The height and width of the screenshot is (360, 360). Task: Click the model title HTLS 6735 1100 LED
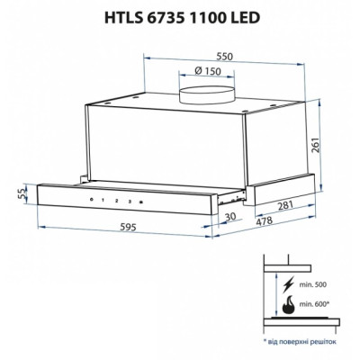coord(179,16)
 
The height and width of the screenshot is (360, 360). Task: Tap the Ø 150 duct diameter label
coord(210,71)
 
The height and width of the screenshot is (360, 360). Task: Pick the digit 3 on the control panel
coord(129,202)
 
